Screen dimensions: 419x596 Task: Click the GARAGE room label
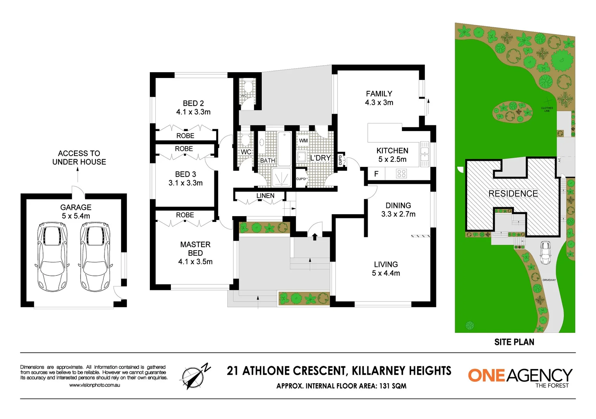coord(76,208)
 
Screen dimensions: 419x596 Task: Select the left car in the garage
coord(52,257)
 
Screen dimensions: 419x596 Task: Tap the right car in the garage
coord(95,257)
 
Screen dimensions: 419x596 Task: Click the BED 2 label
coord(193,103)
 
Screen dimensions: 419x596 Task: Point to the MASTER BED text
coord(195,249)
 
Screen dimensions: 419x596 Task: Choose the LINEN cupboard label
coord(265,196)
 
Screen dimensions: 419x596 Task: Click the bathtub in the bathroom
coord(285,149)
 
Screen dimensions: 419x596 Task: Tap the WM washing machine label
coord(303,140)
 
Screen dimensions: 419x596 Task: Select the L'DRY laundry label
coord(320,158)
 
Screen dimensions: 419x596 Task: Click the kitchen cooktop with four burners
coord(401,174)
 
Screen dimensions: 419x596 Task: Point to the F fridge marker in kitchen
coord(376,174)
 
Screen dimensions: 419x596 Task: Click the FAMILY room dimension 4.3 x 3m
coord(379,103)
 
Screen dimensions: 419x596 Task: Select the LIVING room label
coord(386,265)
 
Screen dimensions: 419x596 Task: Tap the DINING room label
coord(398,206)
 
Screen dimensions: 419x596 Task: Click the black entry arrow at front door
coord(315,236)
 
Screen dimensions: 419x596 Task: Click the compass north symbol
coord(194,376)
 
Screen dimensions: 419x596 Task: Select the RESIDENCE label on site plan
coord(513,194)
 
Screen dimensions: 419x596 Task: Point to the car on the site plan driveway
coord(546,253)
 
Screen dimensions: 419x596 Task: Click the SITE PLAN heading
coord(514,342)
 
